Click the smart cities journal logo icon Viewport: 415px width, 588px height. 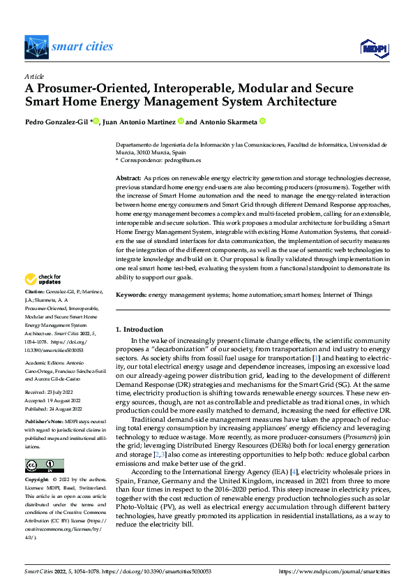point(36,47)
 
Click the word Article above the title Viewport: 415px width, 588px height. point(34,76)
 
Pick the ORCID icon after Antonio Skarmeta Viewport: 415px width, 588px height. point(263,121)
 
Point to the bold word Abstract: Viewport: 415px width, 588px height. point(128,179)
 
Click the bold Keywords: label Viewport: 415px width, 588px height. point(131,295)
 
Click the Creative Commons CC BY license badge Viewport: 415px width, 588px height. point(44,466)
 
